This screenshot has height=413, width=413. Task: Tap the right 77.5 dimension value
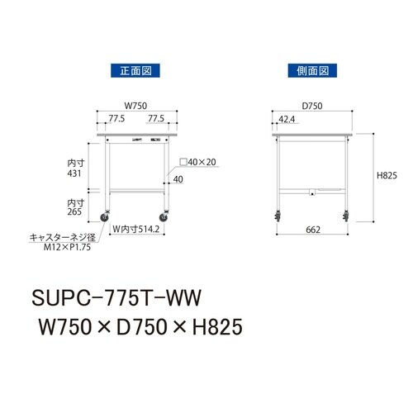[155, 119]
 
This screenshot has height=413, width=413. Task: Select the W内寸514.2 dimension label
[136, 230]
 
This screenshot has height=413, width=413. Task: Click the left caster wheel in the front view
[107, 218]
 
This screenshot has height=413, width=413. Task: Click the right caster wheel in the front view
[166, 218]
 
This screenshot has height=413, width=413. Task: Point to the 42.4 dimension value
[287, 119]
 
